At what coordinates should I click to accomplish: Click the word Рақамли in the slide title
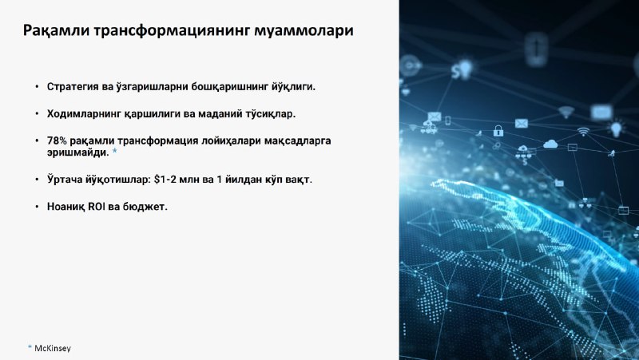[56, 31]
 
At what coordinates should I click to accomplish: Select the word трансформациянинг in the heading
[172, 31]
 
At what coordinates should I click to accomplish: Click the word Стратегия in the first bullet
[73, 87]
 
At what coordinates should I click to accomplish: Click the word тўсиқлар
[270, 114]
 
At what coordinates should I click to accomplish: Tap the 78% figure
[57, 140]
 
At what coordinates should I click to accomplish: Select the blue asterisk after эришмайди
[114, 151]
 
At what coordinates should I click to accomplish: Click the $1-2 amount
[166, 180]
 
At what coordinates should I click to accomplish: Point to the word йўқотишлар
[118, 180]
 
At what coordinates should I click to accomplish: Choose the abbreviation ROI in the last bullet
[97, 207]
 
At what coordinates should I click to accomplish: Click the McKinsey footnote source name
[53, 348]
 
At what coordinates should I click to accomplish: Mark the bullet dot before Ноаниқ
[37, 207]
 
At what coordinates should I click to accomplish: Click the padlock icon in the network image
[498, 131]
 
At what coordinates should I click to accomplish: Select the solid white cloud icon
[550, 144]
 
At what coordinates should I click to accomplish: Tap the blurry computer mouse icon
[536, 49]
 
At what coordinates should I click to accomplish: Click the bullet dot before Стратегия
[37, 87]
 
